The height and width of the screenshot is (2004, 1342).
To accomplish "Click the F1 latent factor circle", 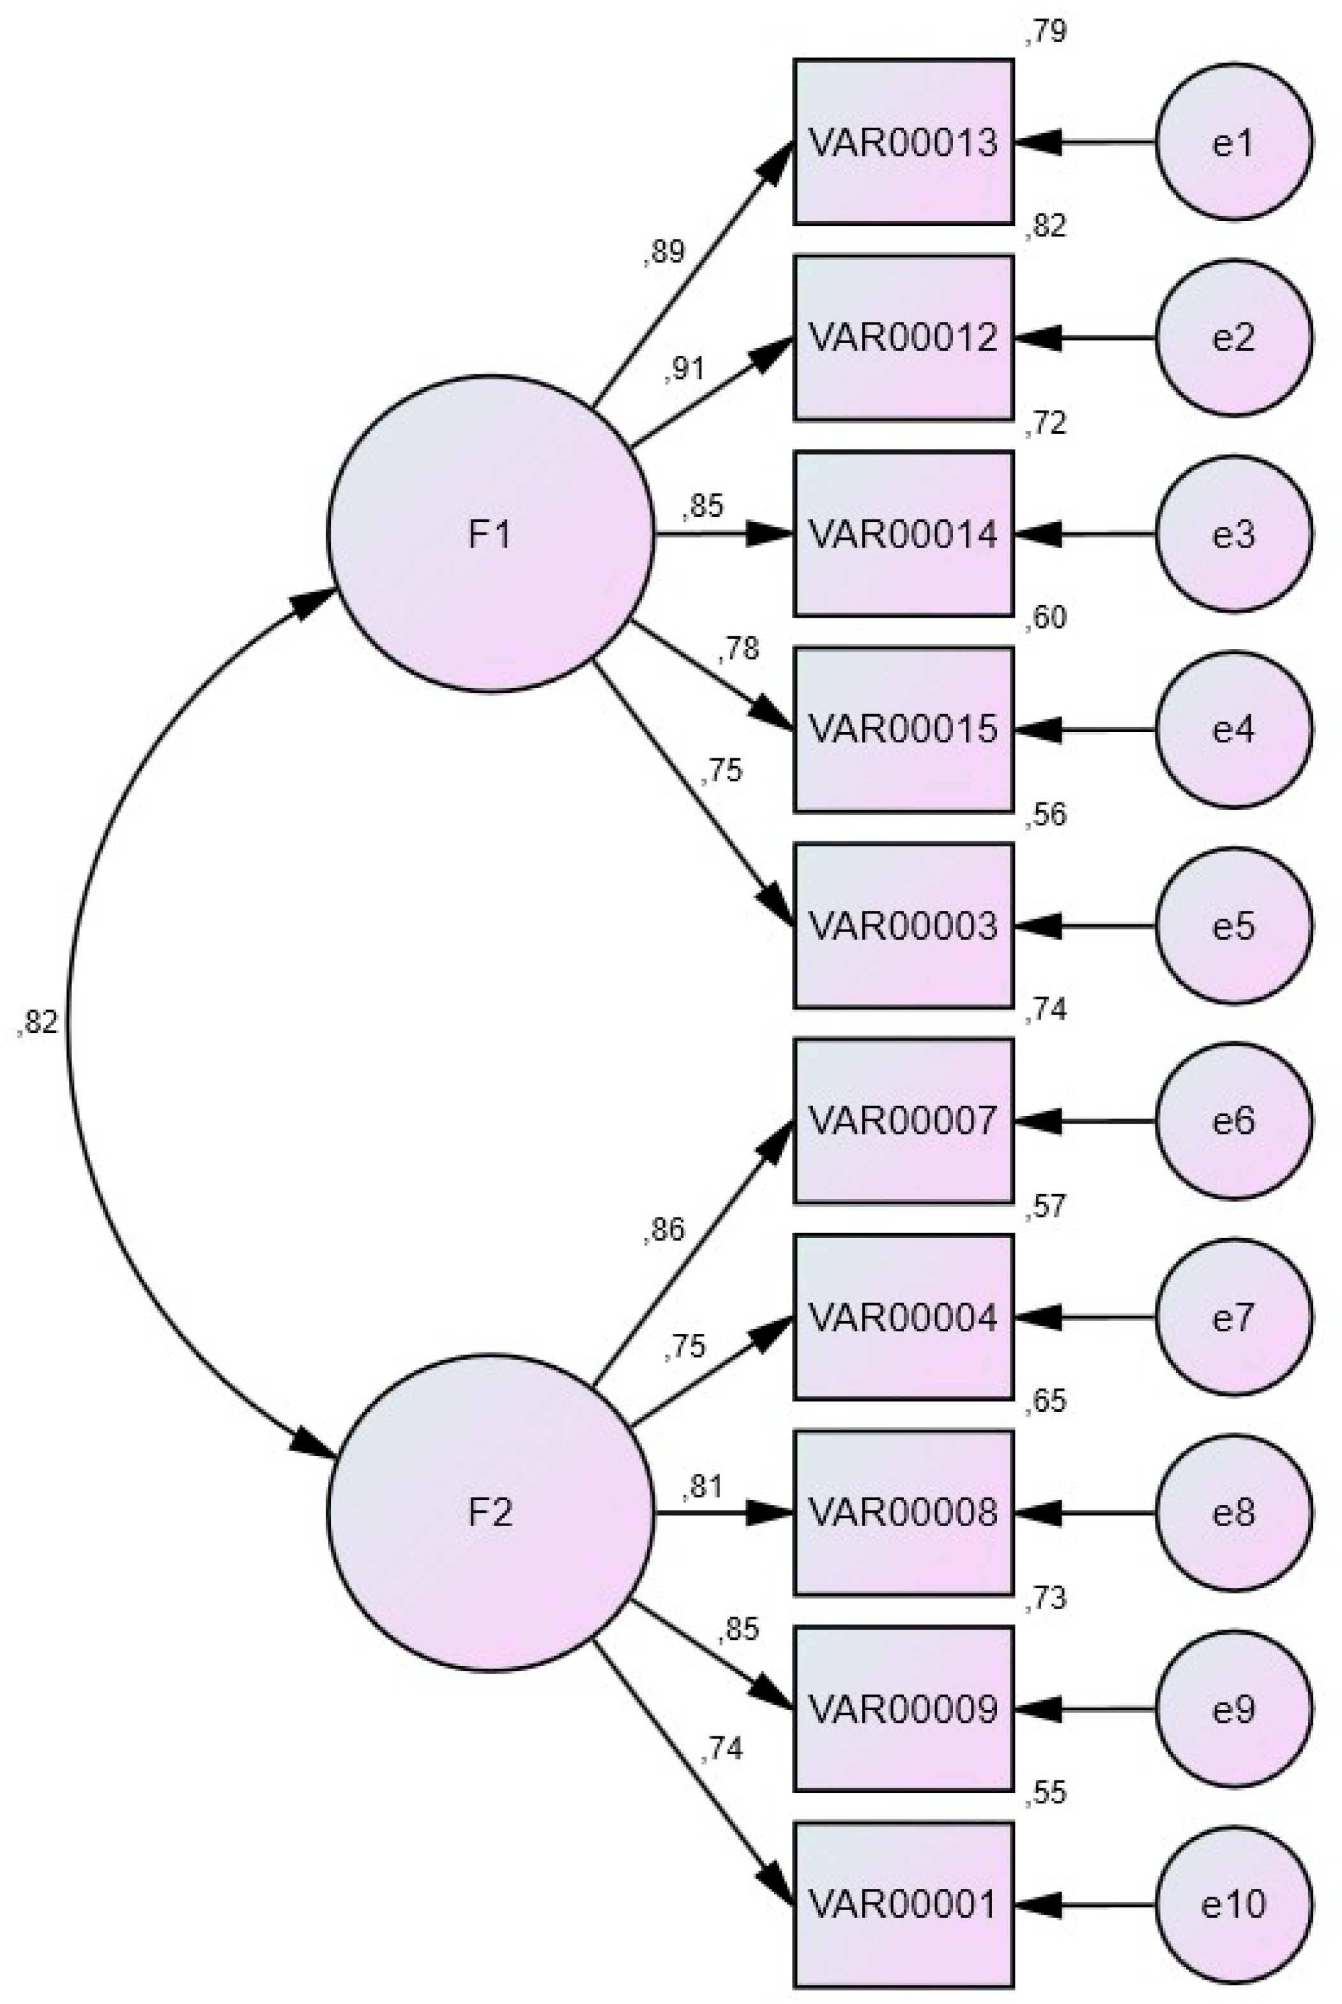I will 491,533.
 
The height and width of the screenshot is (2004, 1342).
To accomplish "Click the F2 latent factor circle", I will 491,1513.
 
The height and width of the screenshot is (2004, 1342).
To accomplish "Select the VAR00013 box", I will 903,142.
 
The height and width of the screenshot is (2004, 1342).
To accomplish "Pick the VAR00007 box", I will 903,1121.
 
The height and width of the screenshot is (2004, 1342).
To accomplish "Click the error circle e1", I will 1233,142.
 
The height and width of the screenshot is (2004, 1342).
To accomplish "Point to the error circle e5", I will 1233,926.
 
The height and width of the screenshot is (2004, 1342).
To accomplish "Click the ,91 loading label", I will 685,369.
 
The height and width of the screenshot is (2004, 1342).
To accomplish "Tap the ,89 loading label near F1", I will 664,252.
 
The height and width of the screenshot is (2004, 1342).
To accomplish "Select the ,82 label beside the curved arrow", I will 38,1022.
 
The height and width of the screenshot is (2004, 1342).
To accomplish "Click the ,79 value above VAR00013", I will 1045,33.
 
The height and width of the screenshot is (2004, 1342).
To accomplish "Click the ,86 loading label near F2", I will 664,1230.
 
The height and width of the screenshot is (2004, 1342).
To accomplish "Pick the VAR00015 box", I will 903,730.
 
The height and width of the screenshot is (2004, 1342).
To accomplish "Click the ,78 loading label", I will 738,650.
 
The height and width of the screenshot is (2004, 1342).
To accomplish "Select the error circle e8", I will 1233,1513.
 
